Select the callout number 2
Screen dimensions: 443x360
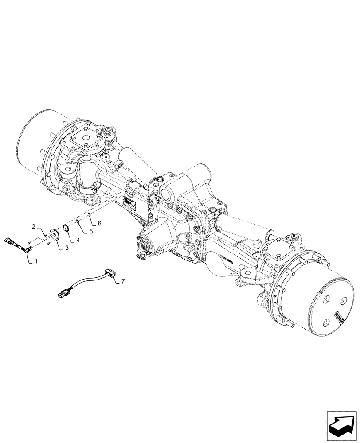pyautogui.click(x=33, y=226)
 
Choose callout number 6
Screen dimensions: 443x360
pyautogui.click(x=99, y=224)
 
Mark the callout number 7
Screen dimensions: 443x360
pyautogui.click(x=123, y=281)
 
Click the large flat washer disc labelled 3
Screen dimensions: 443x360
pyautogui.click(x=55, y=233)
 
